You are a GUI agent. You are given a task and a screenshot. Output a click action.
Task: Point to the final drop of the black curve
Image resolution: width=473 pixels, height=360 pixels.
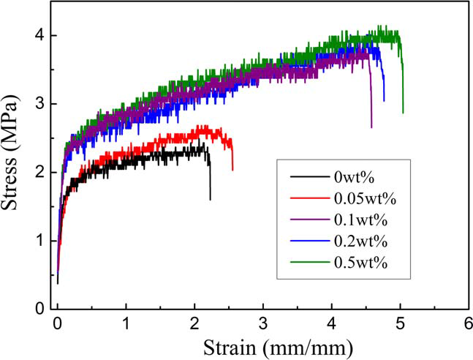(x=210, y=179)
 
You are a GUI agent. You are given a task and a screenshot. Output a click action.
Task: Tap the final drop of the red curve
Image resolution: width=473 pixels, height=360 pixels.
(x=232, y=157)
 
